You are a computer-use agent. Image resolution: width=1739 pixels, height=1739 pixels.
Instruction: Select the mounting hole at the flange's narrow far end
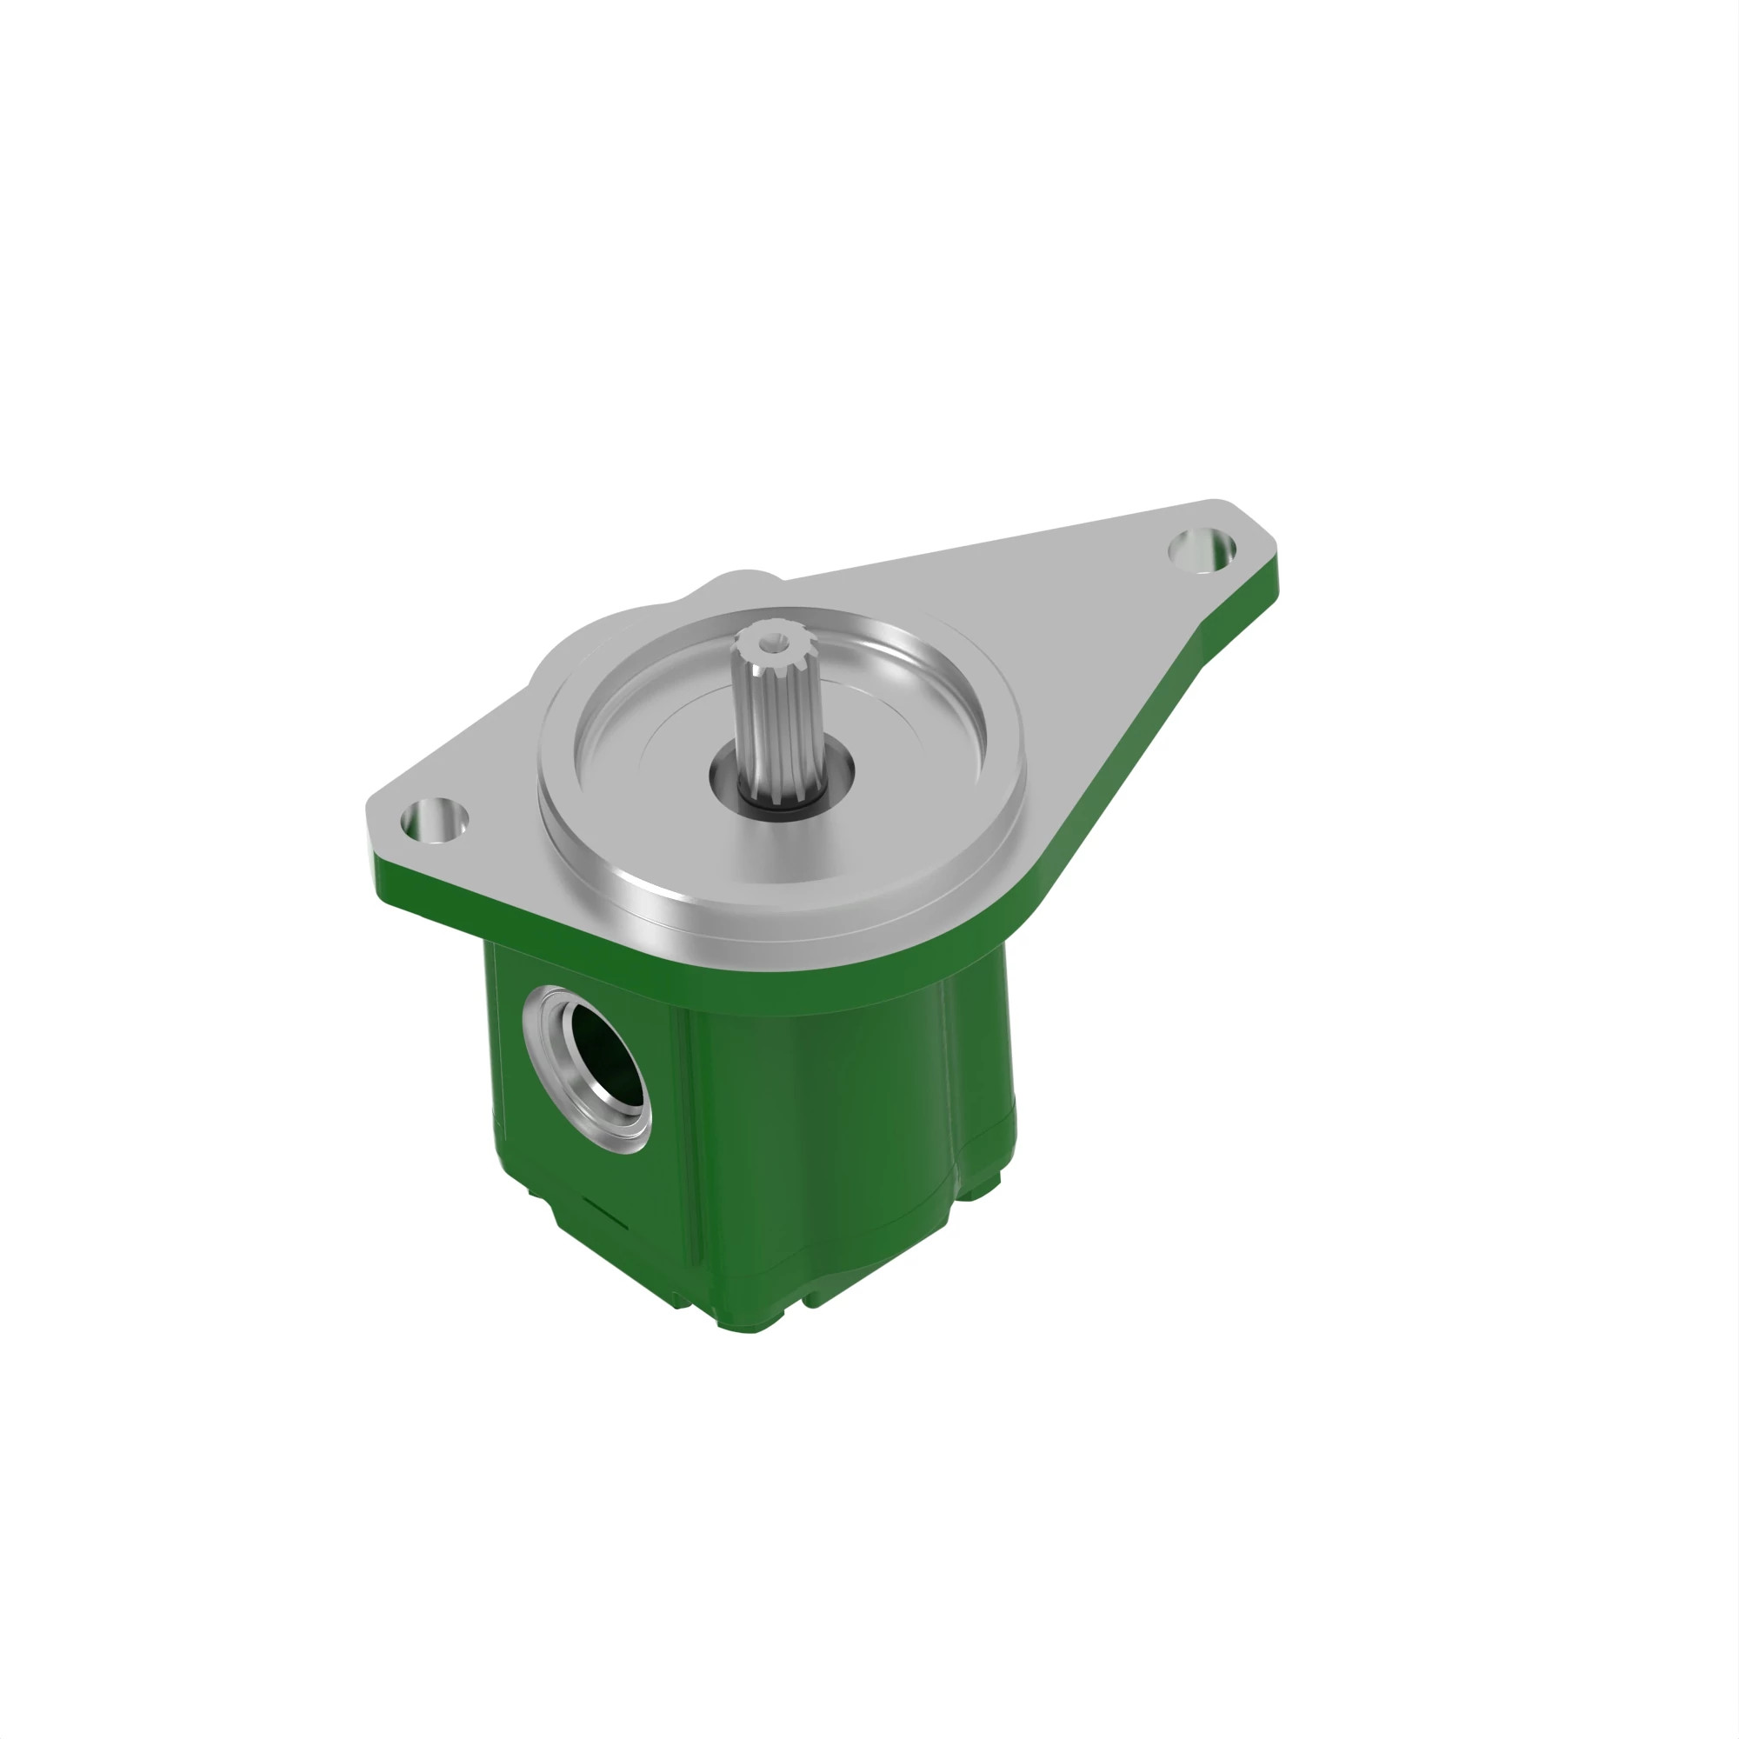coord(1202,548)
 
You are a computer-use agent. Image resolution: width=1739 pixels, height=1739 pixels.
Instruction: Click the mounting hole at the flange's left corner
coord(434,821)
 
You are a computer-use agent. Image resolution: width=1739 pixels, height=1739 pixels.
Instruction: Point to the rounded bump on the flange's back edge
coord(738,583)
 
